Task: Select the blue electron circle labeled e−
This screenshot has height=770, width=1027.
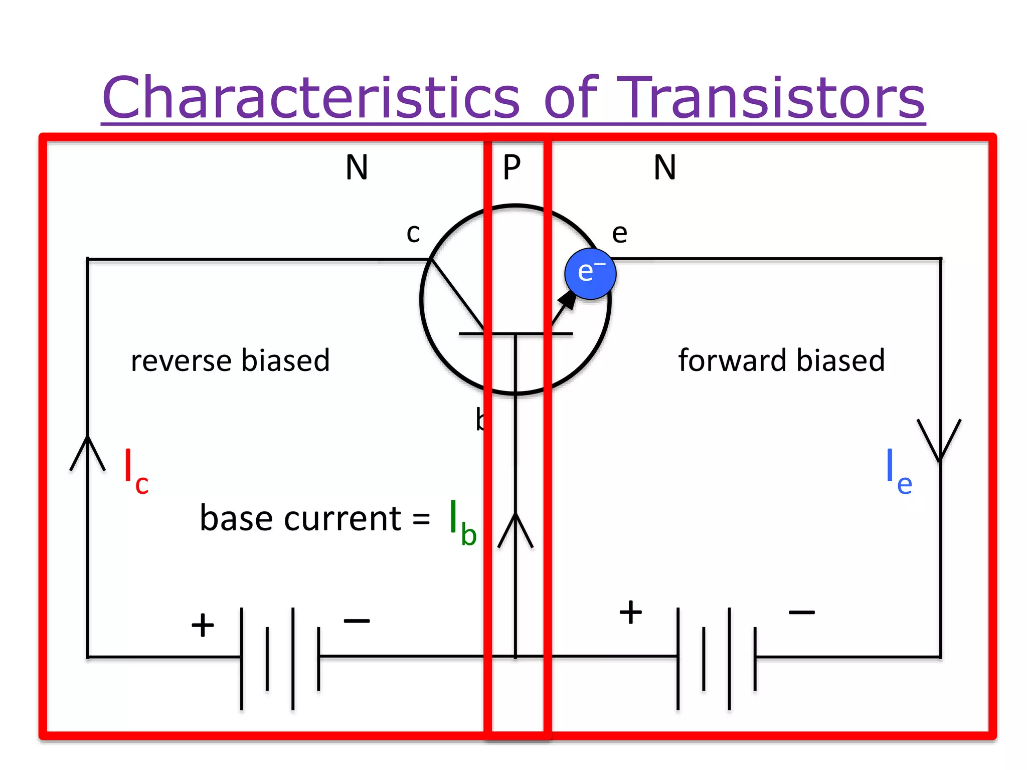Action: (x=590, y=274)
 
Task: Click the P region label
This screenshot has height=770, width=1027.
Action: (x=512, y=167)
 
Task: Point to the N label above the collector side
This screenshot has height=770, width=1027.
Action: (x=357, y=167)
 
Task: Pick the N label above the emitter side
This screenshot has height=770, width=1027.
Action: (x=665, y=167)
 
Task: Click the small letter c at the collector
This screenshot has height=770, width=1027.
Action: (x=413, y=234)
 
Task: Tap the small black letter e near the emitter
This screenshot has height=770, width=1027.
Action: (x=620, y=234)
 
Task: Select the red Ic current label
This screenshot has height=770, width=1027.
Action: (x=136, y=471)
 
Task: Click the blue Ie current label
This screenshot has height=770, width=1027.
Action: (x=898, y=471)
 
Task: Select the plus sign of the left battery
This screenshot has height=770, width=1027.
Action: (x=203, y=625)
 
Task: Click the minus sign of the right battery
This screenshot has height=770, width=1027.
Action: (x=801, y=612)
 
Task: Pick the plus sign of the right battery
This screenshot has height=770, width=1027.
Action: (x=630, y=612)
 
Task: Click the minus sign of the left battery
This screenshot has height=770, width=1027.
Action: (x=357, y=621)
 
